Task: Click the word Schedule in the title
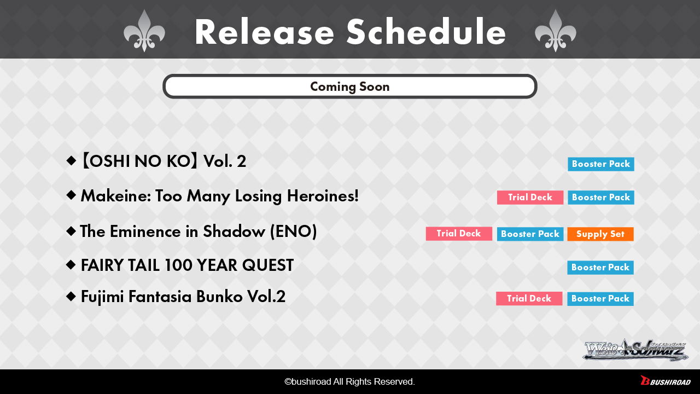pyautogui.click(x=426, y=32)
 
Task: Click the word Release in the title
pyautogui.click(x=264, y=32)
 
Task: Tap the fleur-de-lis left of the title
pyautogui.click(x=144, y=31)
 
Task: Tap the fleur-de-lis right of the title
pyautogui.click(x=555, y=31)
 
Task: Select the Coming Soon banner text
pyautogui.click(x=349, y=86)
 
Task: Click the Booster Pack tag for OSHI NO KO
pyautogui.click(x=601, y=164)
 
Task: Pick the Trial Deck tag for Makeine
pyautogui.click(x=530, y=198)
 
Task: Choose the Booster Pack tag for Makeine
pyautogui.click(x=601, y=198)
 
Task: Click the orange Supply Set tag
pyautogui.click(x=600, y=234)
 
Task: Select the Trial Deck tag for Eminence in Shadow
pyautogui.click(x=459, y=234)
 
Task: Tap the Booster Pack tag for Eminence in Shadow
pyautogui.click(x=530, y=234)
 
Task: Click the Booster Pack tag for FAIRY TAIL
pyautogui.click(x=600, y=268)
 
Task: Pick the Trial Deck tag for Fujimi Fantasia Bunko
pyautogui.click(x=529, y=299)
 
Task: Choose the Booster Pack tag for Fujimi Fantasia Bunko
pyautogui.click(x=600, y=299)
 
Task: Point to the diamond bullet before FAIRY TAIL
pyautogui.click(x=71, y=265)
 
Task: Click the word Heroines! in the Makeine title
pyautogui.click(x=323, y=196)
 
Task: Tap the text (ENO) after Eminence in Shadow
pyautogui.click(x=293, y=231)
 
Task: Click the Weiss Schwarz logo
pyautogui.click(x=635, y=350)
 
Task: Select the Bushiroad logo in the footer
pyautogui.click(x=666, y=381)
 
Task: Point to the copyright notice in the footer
pyautogui.click(x=349, y=381)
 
